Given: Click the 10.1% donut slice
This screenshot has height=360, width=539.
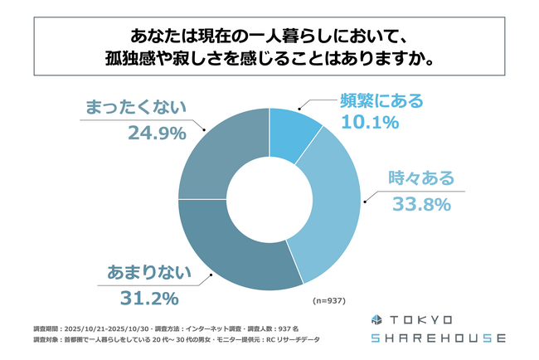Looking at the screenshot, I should tap(291, 132).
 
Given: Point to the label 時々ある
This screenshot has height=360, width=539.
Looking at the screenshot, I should tap(421, 178).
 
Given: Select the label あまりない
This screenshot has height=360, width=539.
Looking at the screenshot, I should tap(144, 272).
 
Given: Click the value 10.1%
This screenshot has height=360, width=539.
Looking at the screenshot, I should tap(370, 123).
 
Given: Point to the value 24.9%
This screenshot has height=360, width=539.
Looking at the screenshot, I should tap(155, 131).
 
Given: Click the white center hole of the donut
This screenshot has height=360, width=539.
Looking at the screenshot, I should tap(269, 198).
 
